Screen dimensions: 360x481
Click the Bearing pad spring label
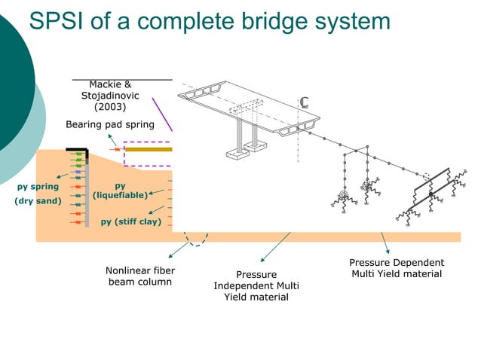(109, 124)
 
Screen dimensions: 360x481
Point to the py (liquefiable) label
(120, 191)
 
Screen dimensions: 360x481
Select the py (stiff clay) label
(131, 221)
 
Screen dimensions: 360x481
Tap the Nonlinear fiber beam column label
(141, 276)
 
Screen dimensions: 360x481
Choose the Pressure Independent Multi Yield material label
(256, 285)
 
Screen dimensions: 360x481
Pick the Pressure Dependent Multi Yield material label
(397, 268)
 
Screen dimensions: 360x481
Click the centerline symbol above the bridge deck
(305, 102)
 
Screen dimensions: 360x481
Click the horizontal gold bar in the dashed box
(148, 149)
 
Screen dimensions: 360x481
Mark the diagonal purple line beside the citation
(163, 112)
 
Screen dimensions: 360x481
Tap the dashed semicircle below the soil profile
(198, 240)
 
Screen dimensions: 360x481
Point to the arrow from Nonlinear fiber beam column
(179, 250)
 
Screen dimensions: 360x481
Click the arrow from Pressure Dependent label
(384, 243)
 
